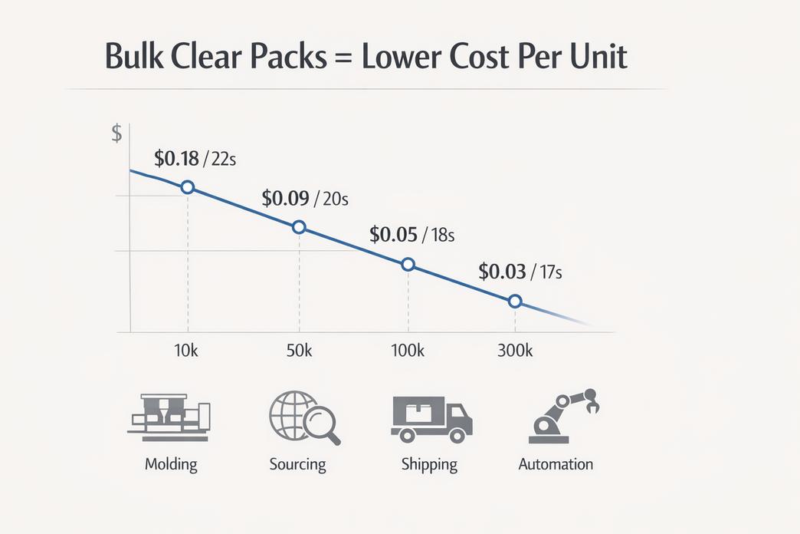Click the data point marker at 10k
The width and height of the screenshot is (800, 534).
coord(187,188)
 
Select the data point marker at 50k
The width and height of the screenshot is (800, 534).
coord(300,226)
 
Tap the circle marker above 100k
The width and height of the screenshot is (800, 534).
coord(408,264)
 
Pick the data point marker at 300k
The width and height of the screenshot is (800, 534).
coord(515,302)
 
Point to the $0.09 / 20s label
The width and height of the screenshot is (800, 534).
coord(305,199)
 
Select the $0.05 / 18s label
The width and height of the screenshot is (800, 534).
coord(412,235)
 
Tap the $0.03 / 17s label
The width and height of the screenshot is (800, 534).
coord(521,272)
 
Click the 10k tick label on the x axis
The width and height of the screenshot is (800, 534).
coord(188,351)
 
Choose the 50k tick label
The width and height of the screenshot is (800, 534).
coord(298,351)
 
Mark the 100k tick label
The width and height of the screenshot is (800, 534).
coord(408,351)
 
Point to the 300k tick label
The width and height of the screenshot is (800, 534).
coord(515,351)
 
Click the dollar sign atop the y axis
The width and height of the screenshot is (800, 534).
coord(116,133)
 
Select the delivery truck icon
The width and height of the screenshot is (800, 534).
coord(431,419)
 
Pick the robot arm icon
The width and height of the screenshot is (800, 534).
coord(563,417)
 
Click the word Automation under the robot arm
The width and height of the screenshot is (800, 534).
coord(556,464)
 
